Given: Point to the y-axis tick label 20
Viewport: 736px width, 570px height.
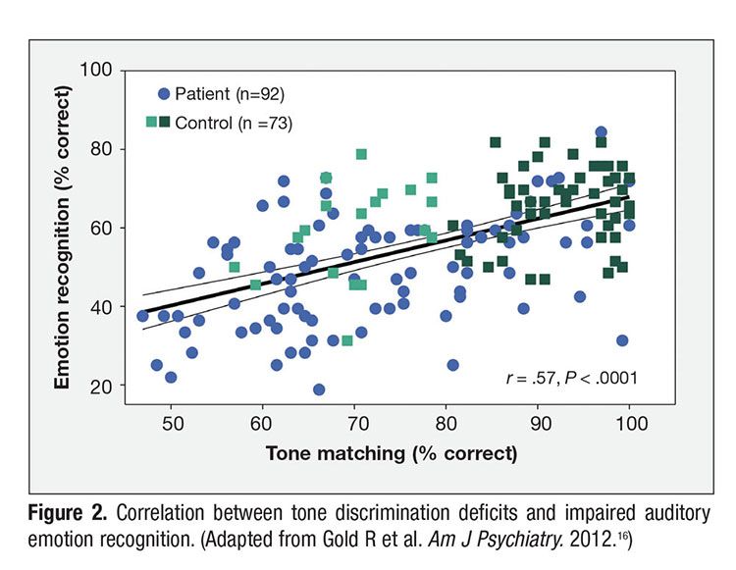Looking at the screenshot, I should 109,387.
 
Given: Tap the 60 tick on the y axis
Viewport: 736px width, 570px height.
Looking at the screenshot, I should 109,228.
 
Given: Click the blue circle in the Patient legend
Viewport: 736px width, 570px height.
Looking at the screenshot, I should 164,94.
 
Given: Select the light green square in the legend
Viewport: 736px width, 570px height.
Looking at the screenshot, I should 150,123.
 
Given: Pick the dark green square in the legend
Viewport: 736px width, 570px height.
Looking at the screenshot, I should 165,123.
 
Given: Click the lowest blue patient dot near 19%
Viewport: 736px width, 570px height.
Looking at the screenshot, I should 319,389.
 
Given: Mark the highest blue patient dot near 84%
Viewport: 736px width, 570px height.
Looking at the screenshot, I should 601,132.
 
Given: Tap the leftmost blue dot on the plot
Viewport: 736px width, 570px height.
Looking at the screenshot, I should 143,316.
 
